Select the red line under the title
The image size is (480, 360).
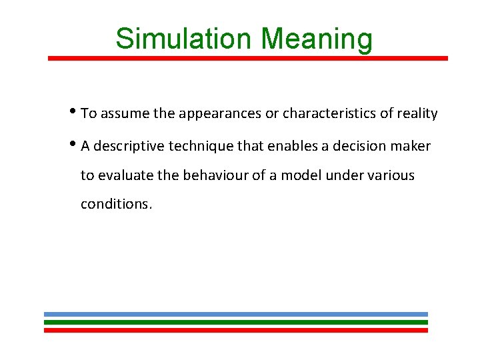[248, 58]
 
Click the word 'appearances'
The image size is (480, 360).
[219, 114]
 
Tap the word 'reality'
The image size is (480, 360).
[417, 114]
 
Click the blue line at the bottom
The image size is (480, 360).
[236, 314]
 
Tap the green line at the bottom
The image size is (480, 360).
[236, 322]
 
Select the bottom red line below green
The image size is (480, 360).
[236, 330]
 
